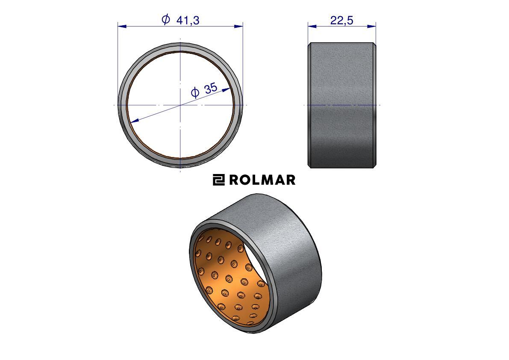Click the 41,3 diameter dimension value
pos(188,21)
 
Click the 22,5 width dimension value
pos(341,21)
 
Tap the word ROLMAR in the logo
pos(262,180)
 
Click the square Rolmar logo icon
pos(218,180)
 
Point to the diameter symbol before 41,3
pos(165,20)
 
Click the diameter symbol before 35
pos(195,93)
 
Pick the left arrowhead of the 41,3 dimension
pos(122,26)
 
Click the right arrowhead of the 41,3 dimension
pos(238,26)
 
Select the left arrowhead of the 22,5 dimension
pos(312,26)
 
